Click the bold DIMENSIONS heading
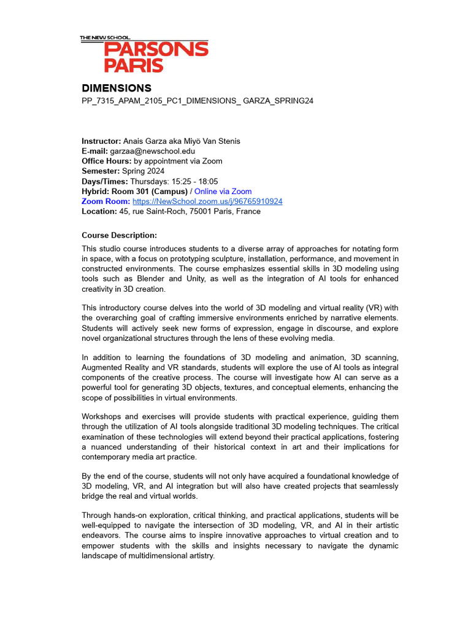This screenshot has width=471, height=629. (117, 88)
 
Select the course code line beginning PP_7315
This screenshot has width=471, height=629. (197, 101)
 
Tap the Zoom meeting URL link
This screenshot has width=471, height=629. (207, 201)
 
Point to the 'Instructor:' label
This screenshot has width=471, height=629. (101, 141)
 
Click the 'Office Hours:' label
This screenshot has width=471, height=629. (107, 161)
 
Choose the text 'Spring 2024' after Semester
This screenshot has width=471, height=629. (143, 171)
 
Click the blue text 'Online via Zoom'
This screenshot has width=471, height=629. (223, 192)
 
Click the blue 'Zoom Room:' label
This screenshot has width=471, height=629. (105, 201)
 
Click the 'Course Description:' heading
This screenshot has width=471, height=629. (119, 235)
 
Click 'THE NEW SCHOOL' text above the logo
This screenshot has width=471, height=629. (105, 38)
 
